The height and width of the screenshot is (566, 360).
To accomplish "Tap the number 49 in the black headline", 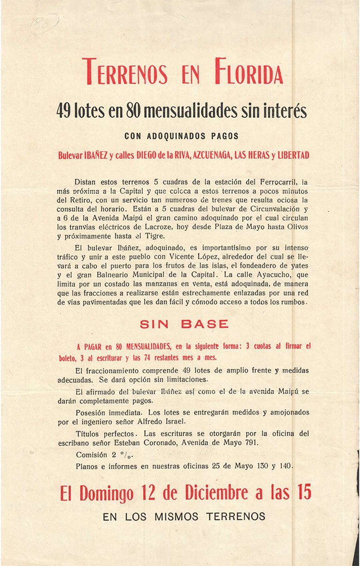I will tap(67, 111).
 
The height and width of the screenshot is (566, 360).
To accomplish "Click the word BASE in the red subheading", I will tap(205, 324).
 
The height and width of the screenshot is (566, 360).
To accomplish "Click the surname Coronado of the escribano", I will tap(193, 443).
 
